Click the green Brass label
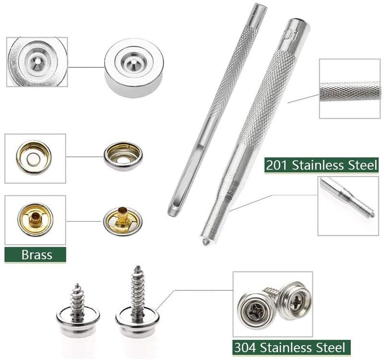(x=35, y=255)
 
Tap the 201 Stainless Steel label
(x=321, y=165)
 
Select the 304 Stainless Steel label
(x=291, y=347)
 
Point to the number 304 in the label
(x=245, y=347)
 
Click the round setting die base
(x=134, y=68)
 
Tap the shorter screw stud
(x=78, y=311)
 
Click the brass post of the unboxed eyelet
(x=121, y=217)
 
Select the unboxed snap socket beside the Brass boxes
(x=123, y=156)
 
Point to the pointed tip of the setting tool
(x=205, y=242)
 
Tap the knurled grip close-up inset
(x=350, y=89)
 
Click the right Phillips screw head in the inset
(x=296, y=301)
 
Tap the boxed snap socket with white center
(x=34, y=158)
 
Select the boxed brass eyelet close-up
(x=35, y=219)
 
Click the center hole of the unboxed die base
(x=134, y=62)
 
